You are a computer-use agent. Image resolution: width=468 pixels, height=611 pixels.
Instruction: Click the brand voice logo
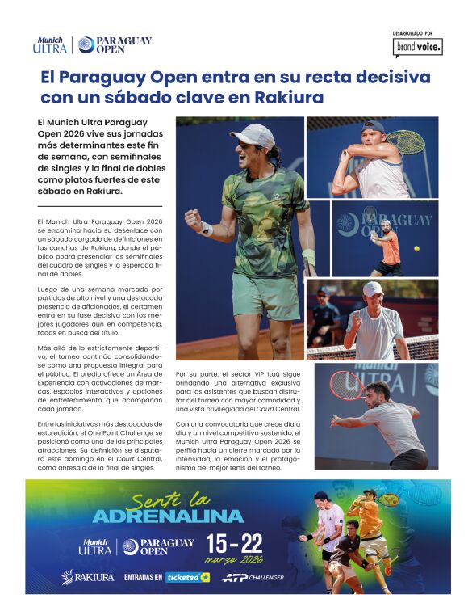coord(417,48)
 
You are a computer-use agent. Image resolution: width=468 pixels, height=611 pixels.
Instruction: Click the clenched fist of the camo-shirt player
coord(194,219)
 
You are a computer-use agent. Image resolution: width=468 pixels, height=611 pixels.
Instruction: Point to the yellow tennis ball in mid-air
coord(416,249)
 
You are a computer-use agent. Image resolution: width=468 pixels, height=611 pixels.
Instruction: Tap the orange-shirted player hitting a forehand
coord(390,247)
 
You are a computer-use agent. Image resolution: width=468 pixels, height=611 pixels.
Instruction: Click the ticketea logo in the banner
coord(188,577)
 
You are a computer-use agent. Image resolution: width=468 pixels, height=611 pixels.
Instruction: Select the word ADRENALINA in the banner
coord(168,515)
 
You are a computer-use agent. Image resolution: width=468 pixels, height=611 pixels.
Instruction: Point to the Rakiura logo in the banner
coord(88,577)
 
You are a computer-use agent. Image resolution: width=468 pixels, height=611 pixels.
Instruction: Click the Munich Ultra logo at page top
coord(50,44)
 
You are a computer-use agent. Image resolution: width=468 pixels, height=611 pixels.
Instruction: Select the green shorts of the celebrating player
coord(265,296)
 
